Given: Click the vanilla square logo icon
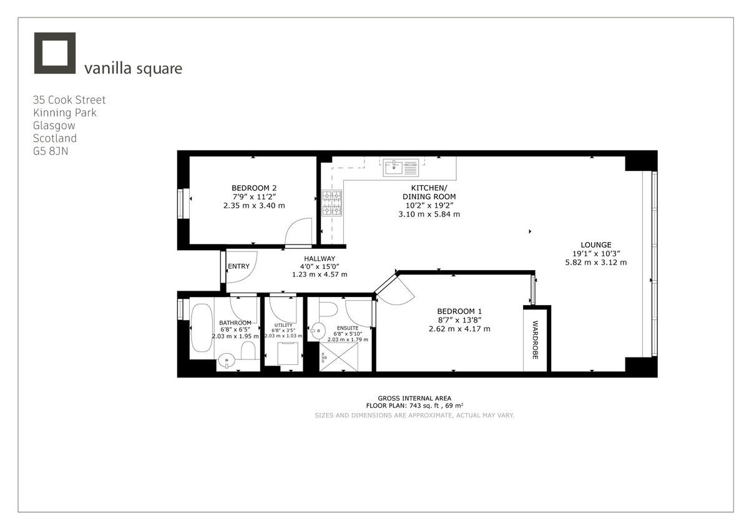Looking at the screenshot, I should pyautogui.click(x=54, y=54).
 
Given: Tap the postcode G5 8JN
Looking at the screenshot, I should pyautogui.click(x=51, y=152).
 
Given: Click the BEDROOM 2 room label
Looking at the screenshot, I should pyautogui.click(x=254, y=188).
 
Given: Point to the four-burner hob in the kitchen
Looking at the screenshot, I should pyautogui.click(x=331, y=203).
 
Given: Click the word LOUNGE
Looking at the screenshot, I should pyautogui.click(x=595, y=245).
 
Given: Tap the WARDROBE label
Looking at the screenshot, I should pyautogui.click(x=536, y=339).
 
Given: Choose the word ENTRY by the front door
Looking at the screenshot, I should pyautogui.click(x=238, y=266).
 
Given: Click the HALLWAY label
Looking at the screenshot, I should pyautogui.click(x=320, y=259).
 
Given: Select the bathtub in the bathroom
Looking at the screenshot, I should pyautogui.click(x=202, y=328).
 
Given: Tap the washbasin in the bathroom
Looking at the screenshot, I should pyautogui.click(x=227, y=359).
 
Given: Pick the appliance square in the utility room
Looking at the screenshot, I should pyautogui.click(x=287, y=354).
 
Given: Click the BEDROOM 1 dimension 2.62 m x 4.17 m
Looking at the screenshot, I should pyautogui.click(x=459, y=329).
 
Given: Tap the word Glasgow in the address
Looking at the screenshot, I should pyautogui.click(x=54, y=125).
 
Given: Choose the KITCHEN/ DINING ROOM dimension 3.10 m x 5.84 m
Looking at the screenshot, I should pyautogui.click(x=429, y=214).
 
